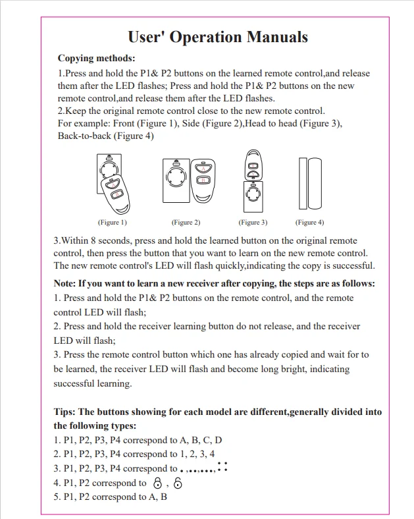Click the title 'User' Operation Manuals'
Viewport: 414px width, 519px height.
click(217, 37)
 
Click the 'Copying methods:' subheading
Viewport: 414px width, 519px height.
click(96, 59)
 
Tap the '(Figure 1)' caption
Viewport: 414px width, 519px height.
click(113, 223)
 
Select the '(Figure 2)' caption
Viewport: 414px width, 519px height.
click(186, 223)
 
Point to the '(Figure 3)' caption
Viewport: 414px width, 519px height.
click(253, 223)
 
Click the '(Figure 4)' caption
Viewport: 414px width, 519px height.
click(309, 223)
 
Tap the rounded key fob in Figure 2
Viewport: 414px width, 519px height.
click(204, 180)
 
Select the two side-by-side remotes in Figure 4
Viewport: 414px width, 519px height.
click(309, 181)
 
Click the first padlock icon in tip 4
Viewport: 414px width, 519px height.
click(156, 483)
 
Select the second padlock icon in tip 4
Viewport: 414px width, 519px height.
click(178, 483)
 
